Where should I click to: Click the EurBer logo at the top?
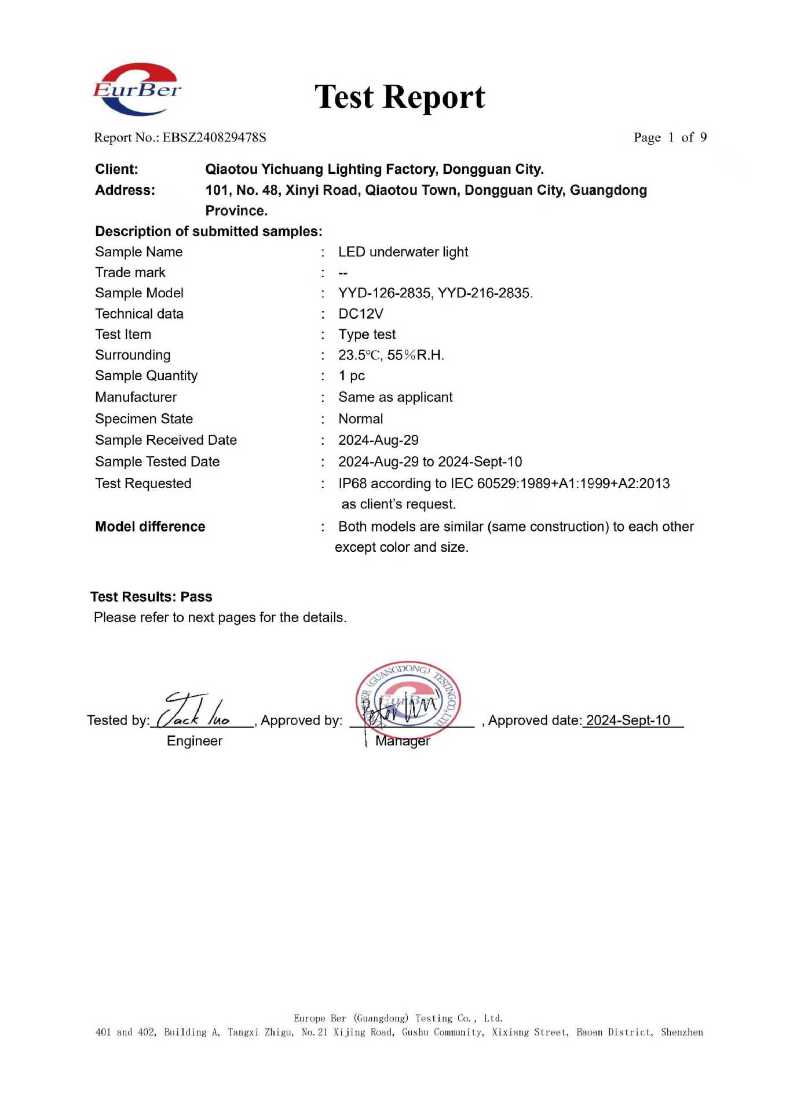tap(137, 90)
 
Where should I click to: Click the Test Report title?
tap(400, 97)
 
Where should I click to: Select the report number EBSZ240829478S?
tap(214, 138)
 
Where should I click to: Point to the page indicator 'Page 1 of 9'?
tap(670, 138)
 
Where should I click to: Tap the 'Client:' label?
tap(116, 169)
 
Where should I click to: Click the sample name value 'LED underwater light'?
tap(403, 252)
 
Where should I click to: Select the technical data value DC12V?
tap(361, 314)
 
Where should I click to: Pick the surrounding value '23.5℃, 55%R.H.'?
tap(391, 355)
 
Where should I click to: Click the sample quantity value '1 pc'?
tap(352, 376)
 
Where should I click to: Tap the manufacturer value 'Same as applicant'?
tap(395, 398)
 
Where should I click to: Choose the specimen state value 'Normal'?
tap(360, 419)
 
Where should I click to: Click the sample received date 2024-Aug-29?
tap(378, 441)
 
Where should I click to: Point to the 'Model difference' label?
tap(150, 527)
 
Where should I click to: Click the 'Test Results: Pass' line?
tap(151, 597)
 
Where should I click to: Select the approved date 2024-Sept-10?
tap(628, 721)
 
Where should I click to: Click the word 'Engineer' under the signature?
tap(194, 741)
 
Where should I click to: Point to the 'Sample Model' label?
tap(139, 293)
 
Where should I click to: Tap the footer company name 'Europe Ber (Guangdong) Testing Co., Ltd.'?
tap(398, 1019)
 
